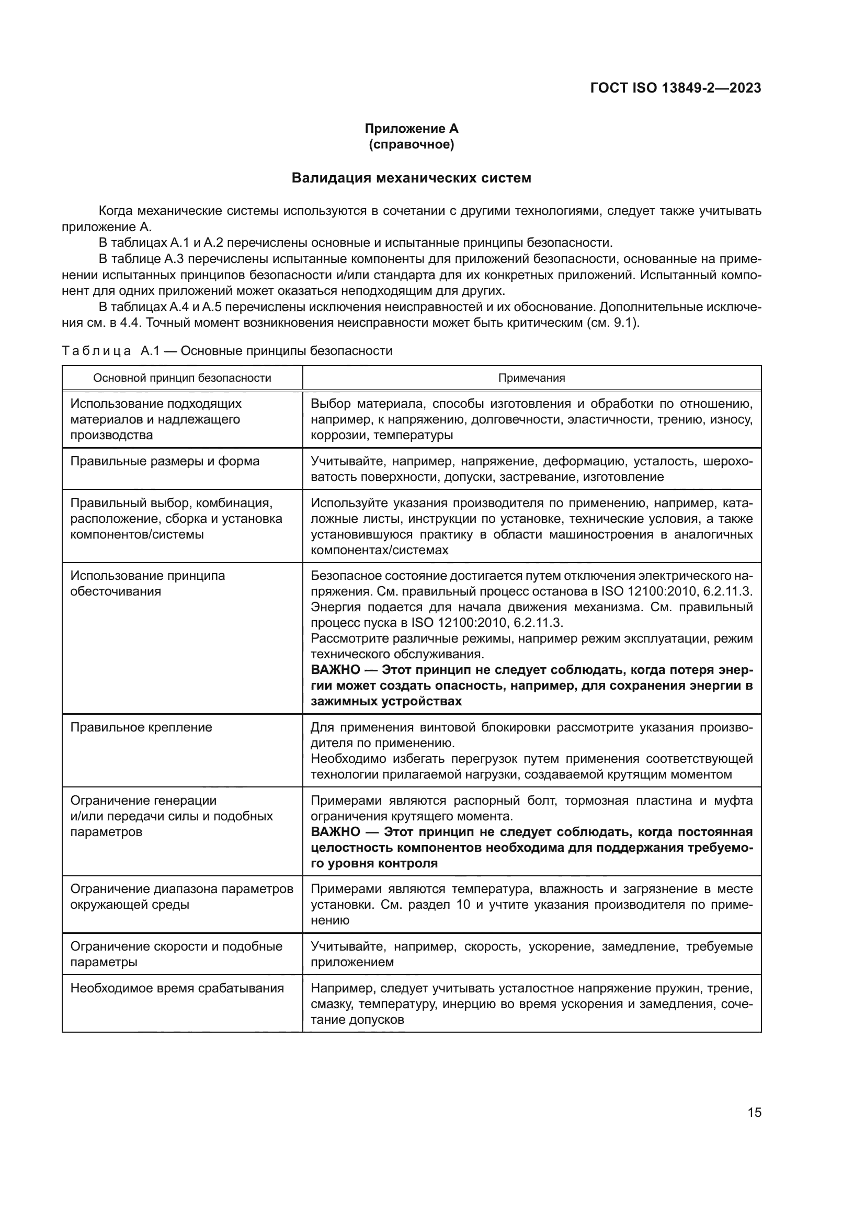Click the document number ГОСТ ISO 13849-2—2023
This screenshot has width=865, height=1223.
coord(675,88)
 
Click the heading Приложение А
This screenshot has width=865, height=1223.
coord(411,129)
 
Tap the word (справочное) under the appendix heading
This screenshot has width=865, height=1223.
coord(411,144)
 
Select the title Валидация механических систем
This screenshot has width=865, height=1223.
coord(411,178)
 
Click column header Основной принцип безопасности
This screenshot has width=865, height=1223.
coord(181,378)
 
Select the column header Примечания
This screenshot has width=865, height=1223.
coord(531,378)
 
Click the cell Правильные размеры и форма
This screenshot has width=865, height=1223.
coord(165,461)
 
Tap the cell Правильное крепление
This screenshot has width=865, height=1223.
coord(141,728)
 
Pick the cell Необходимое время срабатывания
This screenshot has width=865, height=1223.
coord(177,989)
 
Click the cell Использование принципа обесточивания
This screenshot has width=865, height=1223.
coord(147,584)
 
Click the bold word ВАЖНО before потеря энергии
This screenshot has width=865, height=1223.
coord(335,670)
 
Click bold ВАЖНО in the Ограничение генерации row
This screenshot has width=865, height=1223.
coord(335,832)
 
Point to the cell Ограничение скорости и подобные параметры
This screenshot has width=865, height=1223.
coord(176,955)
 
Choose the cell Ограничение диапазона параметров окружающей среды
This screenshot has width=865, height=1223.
coord(181,897)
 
